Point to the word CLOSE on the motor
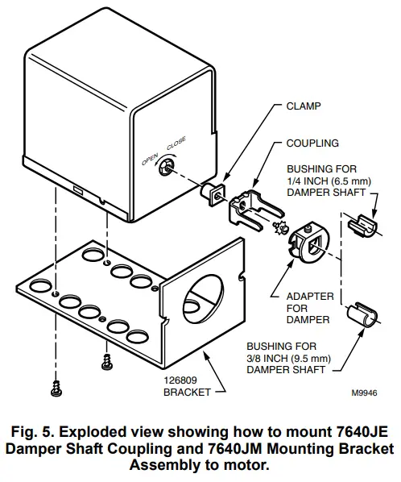(x=176, y=144)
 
